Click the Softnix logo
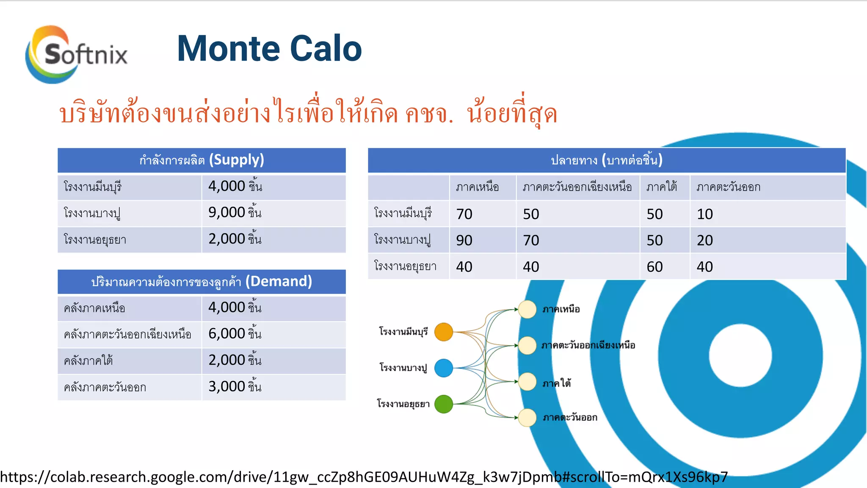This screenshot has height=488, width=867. (76, 54)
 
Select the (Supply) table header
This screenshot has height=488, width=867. (202, 160)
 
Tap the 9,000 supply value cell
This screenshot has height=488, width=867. (273, 213)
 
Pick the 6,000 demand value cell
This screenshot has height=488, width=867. (273, 334)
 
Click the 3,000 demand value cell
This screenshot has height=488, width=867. (273, 387)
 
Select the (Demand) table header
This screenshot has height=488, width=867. (202, 282)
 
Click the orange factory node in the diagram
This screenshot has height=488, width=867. (444, 332)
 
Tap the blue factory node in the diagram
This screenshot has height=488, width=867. (444, 368)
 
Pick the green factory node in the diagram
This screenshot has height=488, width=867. (444, 404)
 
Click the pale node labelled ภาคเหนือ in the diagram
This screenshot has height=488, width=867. (527, 309)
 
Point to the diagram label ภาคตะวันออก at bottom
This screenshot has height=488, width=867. (570, 418)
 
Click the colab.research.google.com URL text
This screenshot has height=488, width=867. (364, 477)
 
